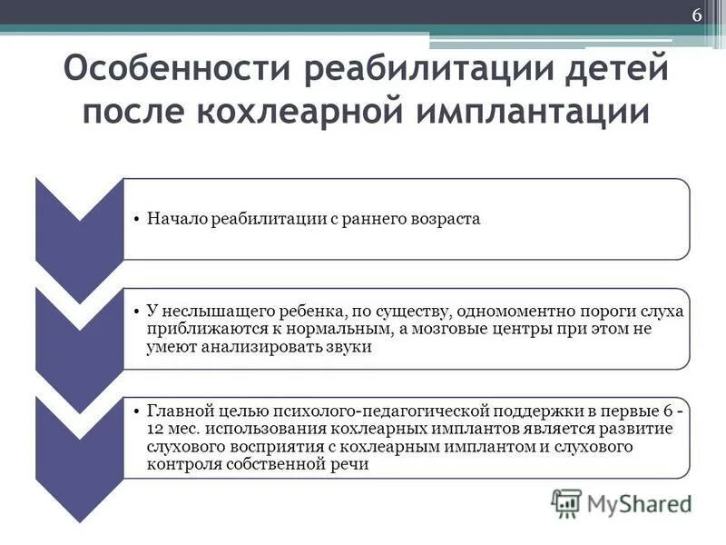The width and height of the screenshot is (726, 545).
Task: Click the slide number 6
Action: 697,16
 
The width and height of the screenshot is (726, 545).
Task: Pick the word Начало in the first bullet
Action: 173,220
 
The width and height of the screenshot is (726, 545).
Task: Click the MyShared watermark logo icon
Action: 566,501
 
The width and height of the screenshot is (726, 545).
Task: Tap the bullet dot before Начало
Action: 135,221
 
